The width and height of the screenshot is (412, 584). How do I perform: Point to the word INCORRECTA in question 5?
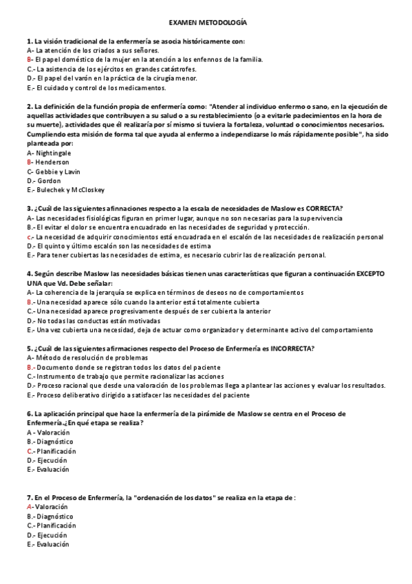[x=292, y=348]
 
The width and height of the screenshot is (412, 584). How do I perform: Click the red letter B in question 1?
[x=29, y=60]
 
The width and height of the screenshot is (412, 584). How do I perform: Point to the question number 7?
[x=29, y=497]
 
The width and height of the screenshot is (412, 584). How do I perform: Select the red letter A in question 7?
[x=29, y=506]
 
